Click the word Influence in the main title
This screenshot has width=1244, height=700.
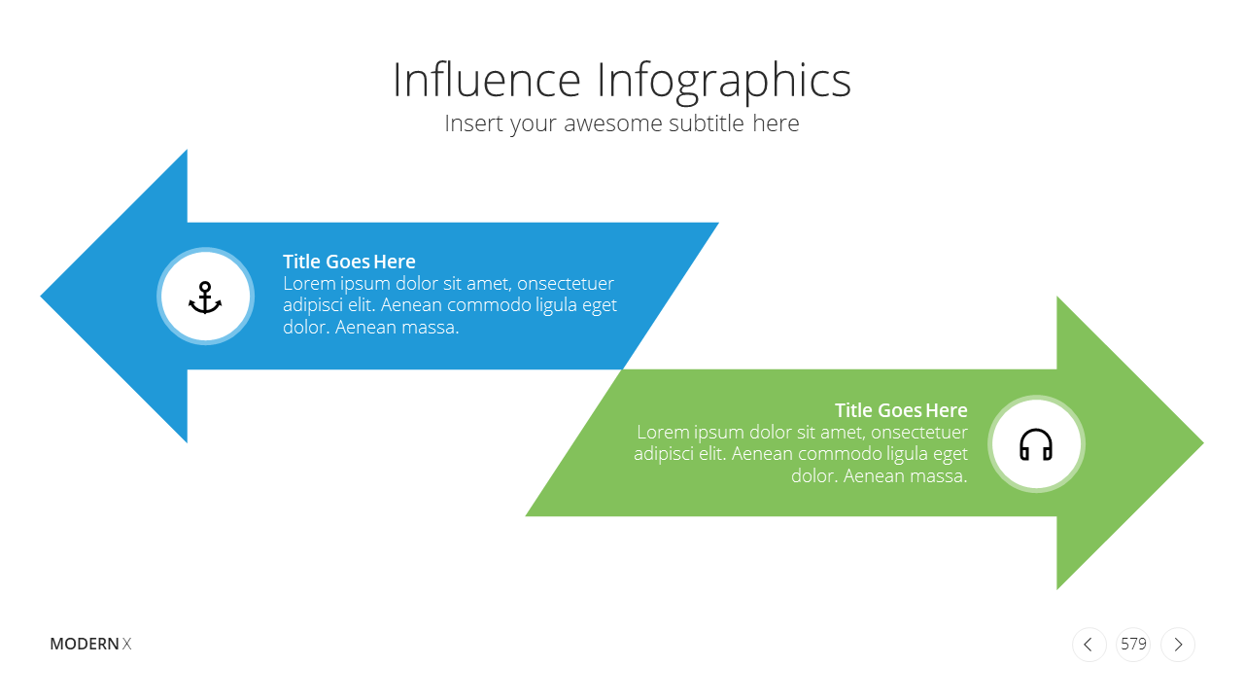487,80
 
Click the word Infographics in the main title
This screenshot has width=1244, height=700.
724,83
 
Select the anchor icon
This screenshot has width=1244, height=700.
205,297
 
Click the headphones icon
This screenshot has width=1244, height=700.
1036,444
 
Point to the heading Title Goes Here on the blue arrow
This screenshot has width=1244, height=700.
349,262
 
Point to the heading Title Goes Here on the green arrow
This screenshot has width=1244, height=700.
901,410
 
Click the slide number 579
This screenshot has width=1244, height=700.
1133,644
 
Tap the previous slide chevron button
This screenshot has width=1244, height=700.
1088,645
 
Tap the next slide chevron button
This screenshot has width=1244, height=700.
1178,645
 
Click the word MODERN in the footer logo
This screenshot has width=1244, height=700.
85,644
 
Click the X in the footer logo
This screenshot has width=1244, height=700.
126,644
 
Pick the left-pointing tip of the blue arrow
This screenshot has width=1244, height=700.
41,297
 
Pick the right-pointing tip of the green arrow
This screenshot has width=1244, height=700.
1203,442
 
